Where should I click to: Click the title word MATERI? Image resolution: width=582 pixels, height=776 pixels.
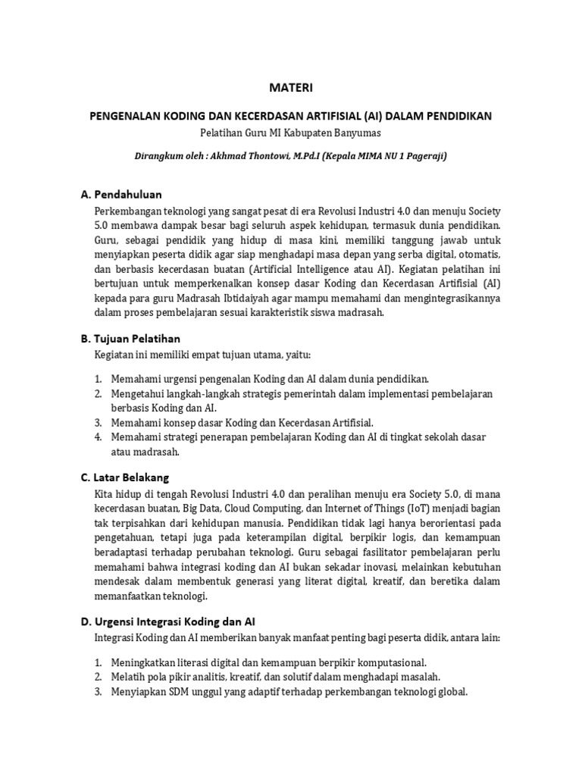291,89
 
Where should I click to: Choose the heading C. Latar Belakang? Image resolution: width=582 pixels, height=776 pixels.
125,477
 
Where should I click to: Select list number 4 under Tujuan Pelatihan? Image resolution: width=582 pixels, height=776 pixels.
99,437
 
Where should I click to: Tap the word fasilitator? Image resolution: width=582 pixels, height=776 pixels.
376,552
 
